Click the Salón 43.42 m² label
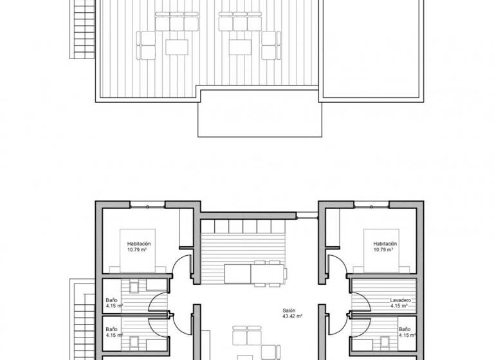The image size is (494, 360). (x=292, y=313)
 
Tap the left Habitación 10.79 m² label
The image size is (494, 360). (x=139, y=246)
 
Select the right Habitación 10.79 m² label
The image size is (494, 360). (x=385, y=246)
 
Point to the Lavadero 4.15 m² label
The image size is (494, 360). (x=400, y=303)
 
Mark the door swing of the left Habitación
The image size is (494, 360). (x=183, y=265)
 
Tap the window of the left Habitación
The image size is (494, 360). (x=147, y=206)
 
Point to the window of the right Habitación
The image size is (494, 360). (x=370, y=206)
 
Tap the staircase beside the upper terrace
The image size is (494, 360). (x=82, y=29)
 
